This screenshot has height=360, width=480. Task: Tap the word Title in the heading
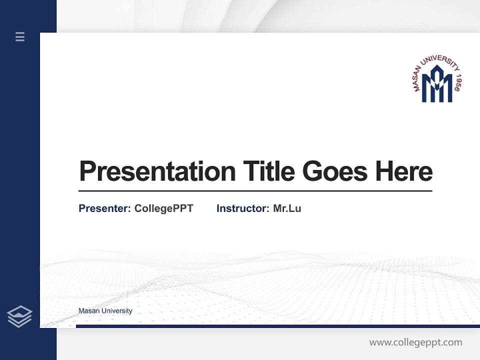click(x=269, y=171)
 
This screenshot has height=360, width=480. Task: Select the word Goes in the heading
click(x=335, y=171)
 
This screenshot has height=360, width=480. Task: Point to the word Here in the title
click(x=404, y=171)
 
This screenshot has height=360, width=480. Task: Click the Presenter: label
click(x=105, y=208)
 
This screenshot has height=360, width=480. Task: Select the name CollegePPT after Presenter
click(x=163, y=208)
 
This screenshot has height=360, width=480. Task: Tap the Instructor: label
click(x=243, y=208)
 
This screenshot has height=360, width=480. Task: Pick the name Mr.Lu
click(x=287, y=208)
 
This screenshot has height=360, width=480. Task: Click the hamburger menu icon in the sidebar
click(x=20, y=36)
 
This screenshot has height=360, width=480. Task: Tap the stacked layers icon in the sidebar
click(x=19, y=316)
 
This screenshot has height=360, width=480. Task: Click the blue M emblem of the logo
click(x=436, y=87)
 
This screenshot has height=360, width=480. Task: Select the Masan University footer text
click(x=105, y=311)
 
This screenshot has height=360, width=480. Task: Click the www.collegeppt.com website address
click(x=415, y=342)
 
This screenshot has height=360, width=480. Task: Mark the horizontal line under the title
click(x=255, y=191)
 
